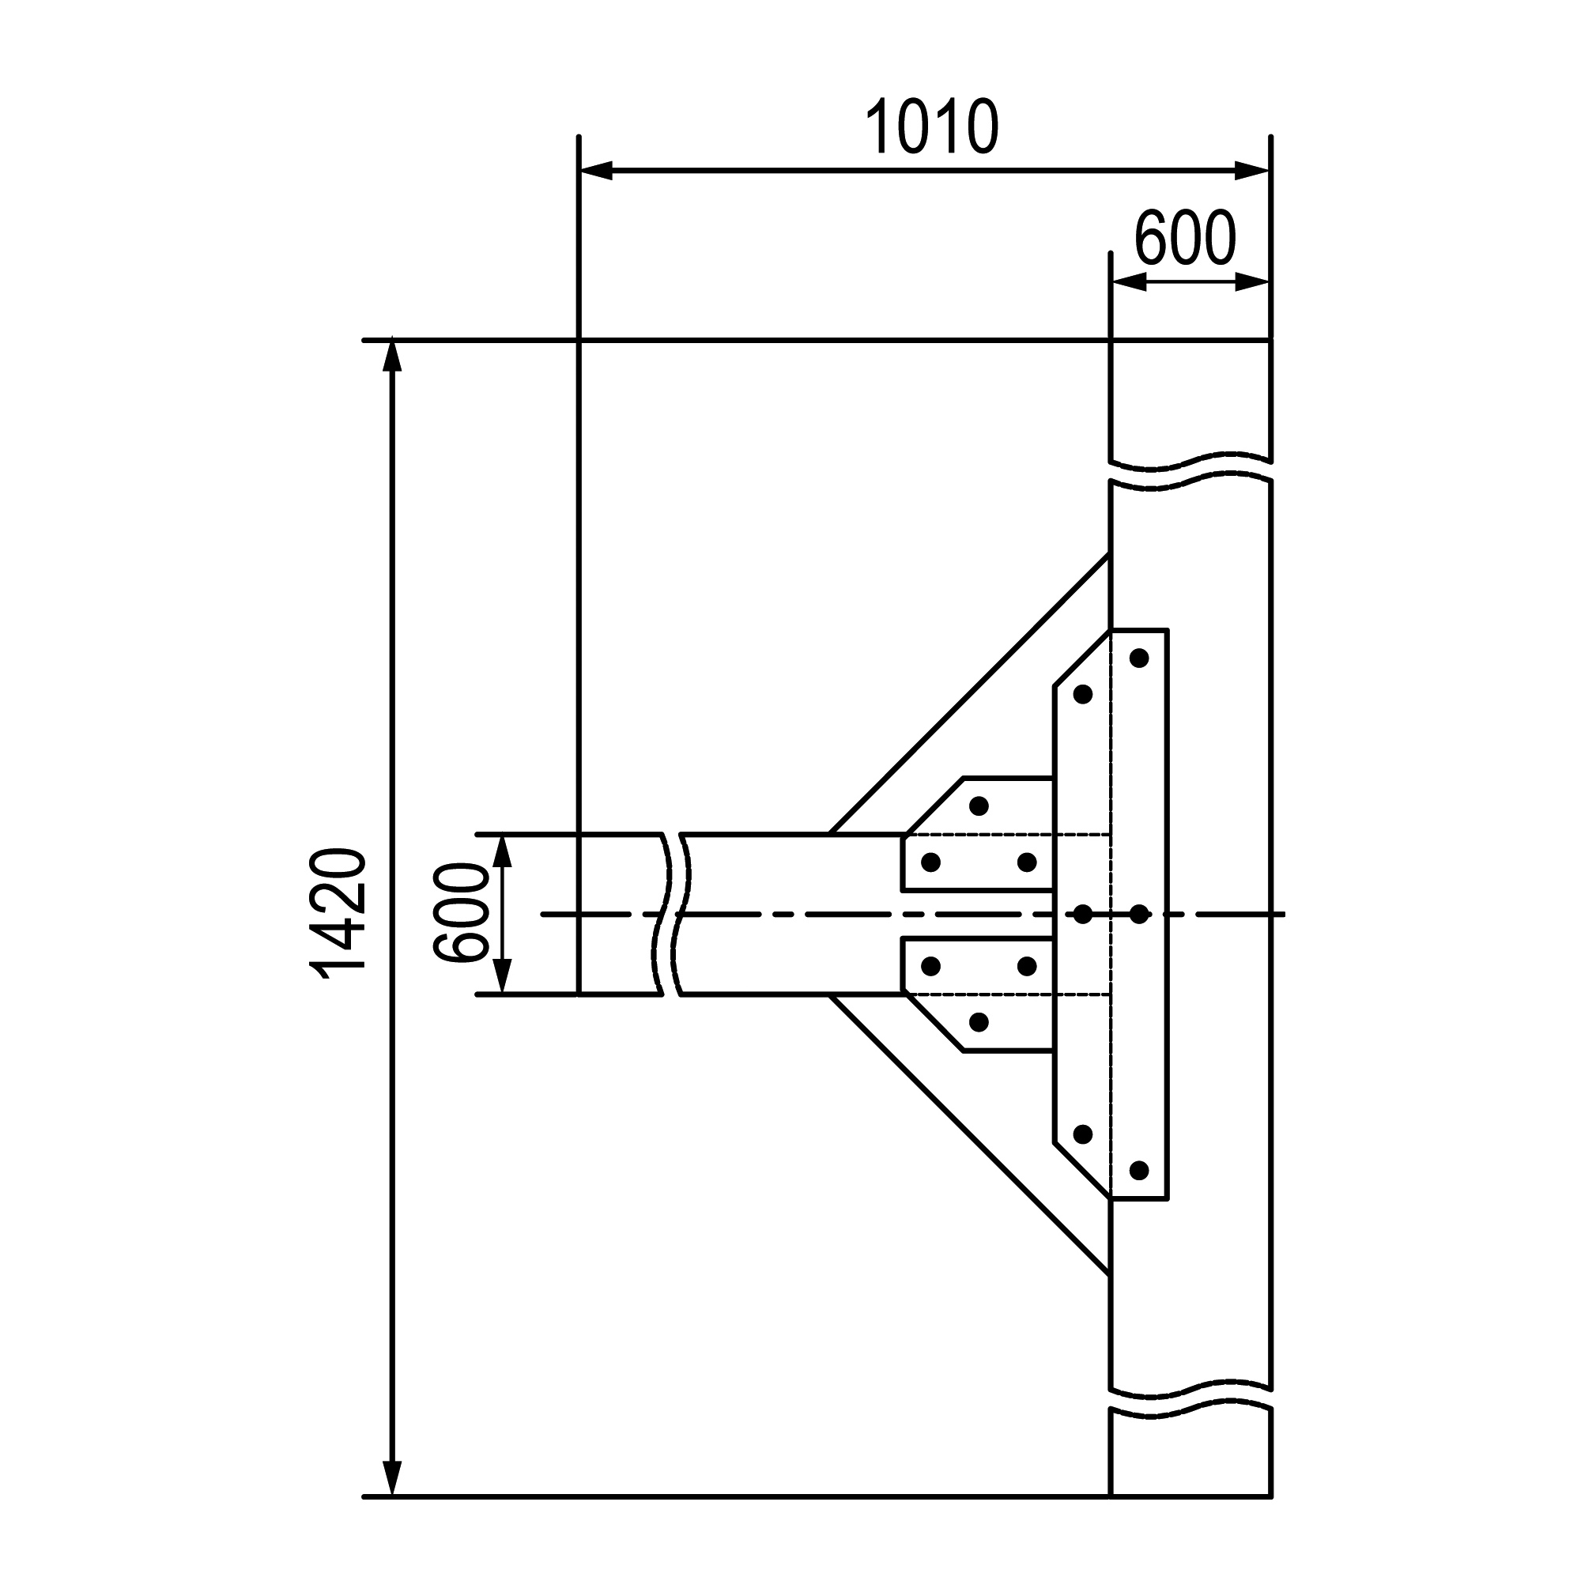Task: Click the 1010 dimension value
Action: tap(931, 126)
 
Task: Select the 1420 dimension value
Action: tap(338, 913)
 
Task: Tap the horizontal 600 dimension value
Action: tap(1185, 237)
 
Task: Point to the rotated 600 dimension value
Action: tap(460, 913)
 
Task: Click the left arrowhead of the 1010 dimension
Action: tap(596, 171)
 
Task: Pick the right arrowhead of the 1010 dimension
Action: tap(1252, 171)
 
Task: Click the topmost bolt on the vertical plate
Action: tap(1139, 658)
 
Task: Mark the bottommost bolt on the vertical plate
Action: tap(1139, 1170)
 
